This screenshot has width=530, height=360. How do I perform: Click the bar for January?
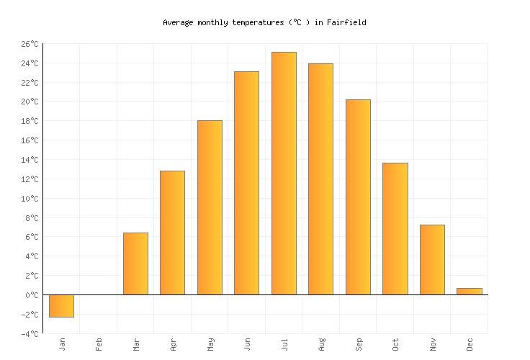(61, 306)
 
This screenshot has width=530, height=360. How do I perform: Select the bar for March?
(135, 264)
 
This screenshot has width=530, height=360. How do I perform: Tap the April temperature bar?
(172, 233)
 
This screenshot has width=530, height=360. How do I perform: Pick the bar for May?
(210, 207)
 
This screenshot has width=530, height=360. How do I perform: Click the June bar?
(246, 183)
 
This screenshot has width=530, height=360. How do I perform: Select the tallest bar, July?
(284, 173)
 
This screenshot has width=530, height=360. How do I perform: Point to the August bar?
(320, 179)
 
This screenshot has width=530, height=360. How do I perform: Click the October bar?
(395, 228)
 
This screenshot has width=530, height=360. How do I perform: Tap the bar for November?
(432, 259)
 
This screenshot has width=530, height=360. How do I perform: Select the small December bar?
(469, 292)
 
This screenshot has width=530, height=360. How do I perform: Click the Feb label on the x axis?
(99, 344)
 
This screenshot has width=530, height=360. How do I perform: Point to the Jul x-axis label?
(284, 343)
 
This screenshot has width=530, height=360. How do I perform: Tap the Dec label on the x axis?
(470, 344)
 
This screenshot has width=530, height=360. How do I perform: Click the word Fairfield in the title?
(346, 22)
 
